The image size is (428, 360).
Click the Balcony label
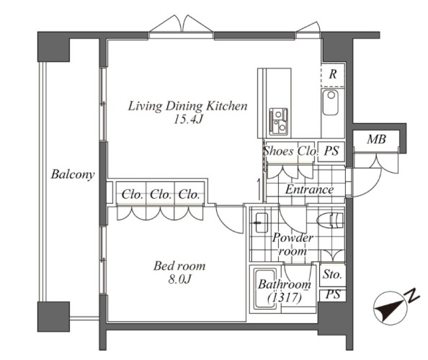click(73, 174)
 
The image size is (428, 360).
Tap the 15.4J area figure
click(188, 120)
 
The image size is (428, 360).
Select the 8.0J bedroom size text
click(179, 279)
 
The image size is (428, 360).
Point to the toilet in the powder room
click(330, 220)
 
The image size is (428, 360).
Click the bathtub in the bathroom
click(265, 289)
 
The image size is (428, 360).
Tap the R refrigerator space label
click(332, 74)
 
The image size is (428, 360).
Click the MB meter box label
click(376, 140)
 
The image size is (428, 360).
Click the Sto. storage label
click(332, 274)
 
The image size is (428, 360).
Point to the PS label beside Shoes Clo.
click(331, 150)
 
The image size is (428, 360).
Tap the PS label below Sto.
click(333, 294)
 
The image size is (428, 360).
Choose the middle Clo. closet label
click(161, 194)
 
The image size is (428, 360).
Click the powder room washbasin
click(262, 222)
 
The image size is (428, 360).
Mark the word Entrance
click(309, 189)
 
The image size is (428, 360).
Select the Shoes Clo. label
click(290, 150)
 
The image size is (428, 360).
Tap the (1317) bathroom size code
click(285, 297)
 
